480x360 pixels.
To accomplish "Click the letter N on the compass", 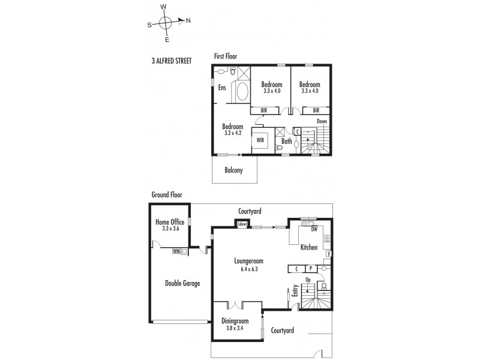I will [x=188, y=21].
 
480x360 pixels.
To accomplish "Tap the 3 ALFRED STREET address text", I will [x=172, y=61].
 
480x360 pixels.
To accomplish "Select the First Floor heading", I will [x=226, y=56].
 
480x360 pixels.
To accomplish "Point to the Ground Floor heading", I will [x=167, y=194].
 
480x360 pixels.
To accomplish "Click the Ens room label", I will [x=222, y=88].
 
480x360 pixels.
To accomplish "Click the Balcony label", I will [x=233, y=170].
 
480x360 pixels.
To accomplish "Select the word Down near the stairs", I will [x=322, y=121].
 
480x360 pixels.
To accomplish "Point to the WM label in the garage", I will [x=176, y=251].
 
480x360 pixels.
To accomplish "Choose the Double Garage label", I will [x=182, y=283].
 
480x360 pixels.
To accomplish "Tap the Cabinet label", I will [x=242, y=224].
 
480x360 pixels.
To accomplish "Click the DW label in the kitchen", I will [x=314, y=229].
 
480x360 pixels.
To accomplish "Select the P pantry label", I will [x=311, y=269].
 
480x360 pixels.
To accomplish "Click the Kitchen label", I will [x=309, y=247].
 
